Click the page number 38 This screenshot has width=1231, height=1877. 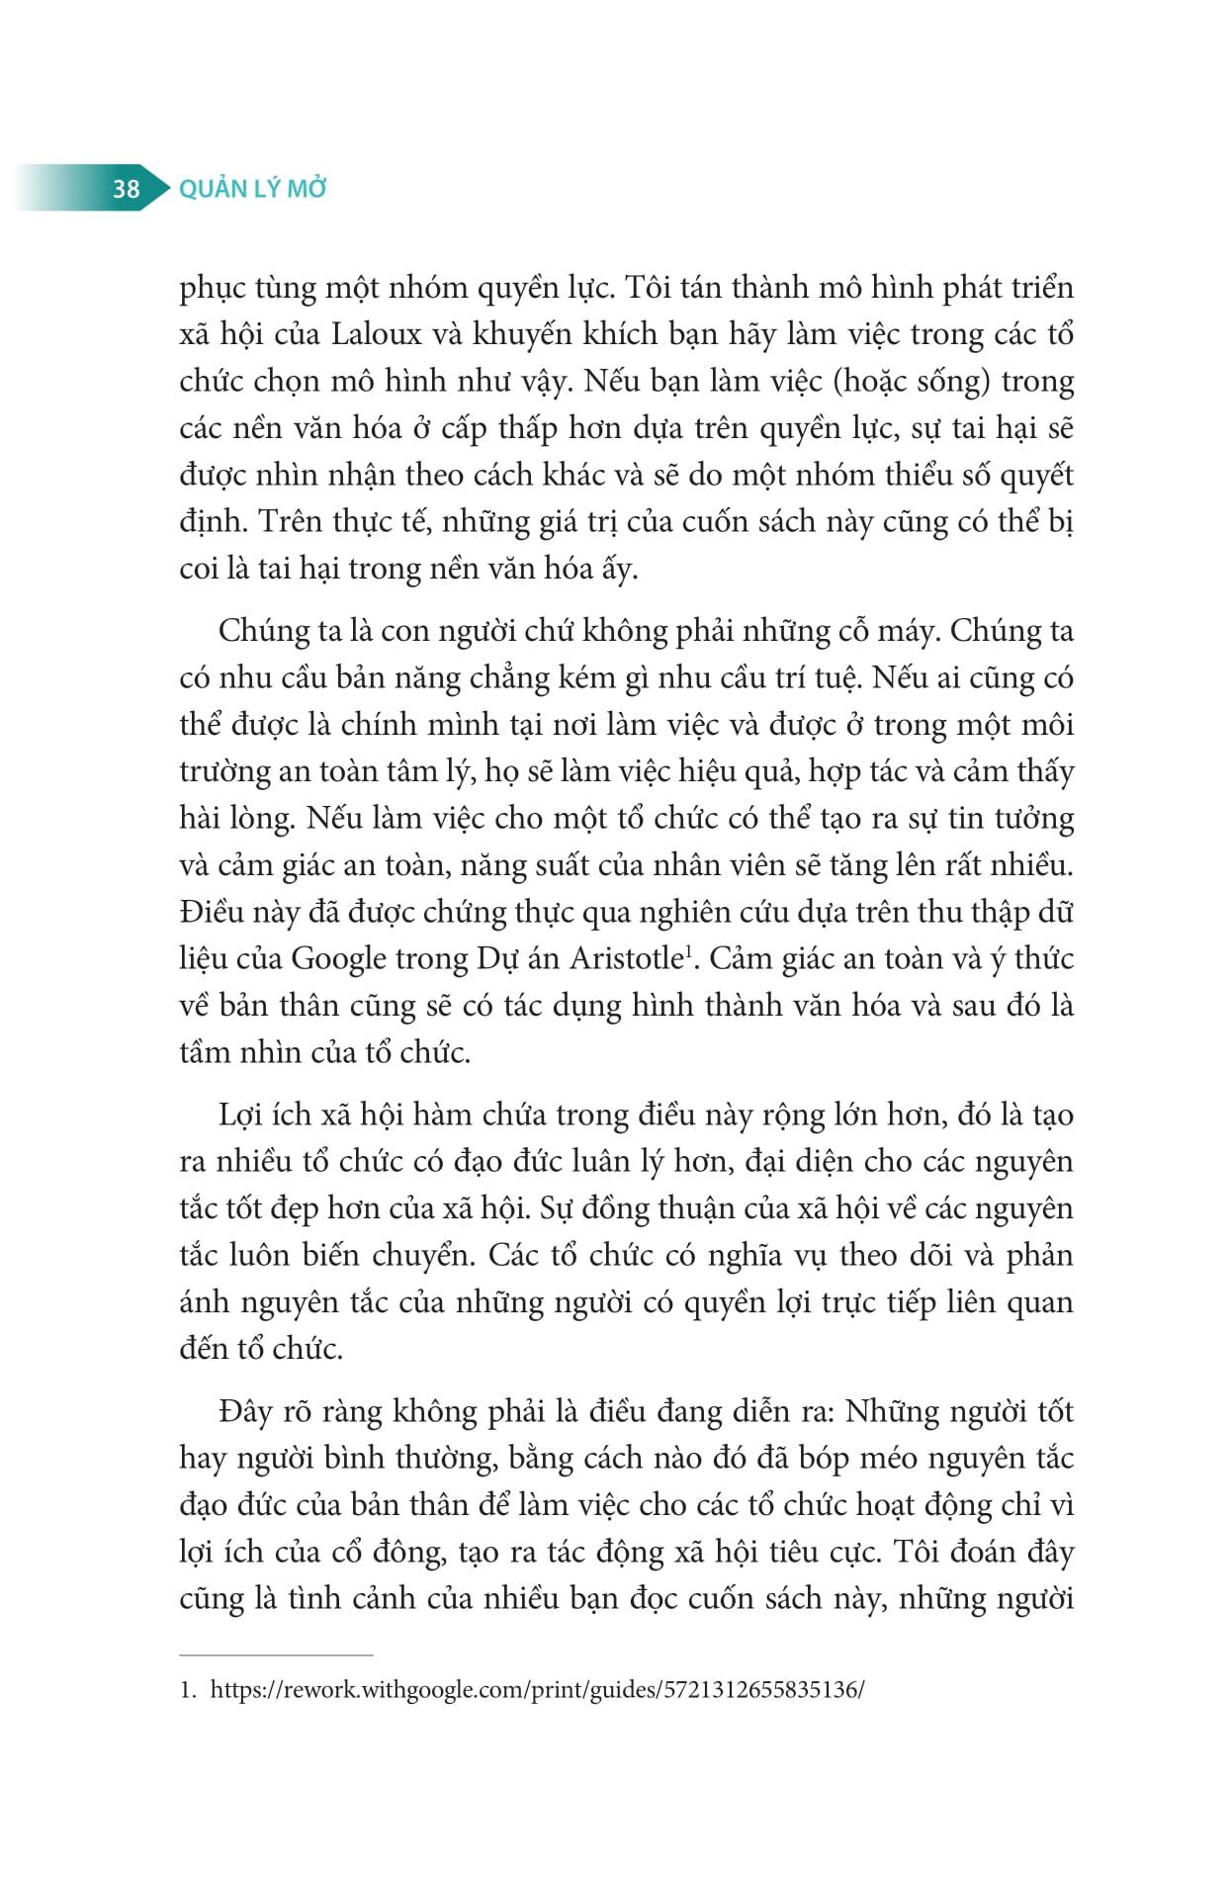pyautogui.click(x=126, y=188)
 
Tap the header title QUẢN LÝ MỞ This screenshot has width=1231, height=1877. pyautogui.click(x=252, y=188)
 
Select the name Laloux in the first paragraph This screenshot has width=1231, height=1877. pyautogui.click(x=376, y=334)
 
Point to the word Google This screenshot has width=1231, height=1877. pyautogui.click(x=339, y=958)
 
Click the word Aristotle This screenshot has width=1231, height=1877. pyautogui.click(x=626, y=958)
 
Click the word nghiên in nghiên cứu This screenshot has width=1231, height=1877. pyautogui.click(x=672, y=912)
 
